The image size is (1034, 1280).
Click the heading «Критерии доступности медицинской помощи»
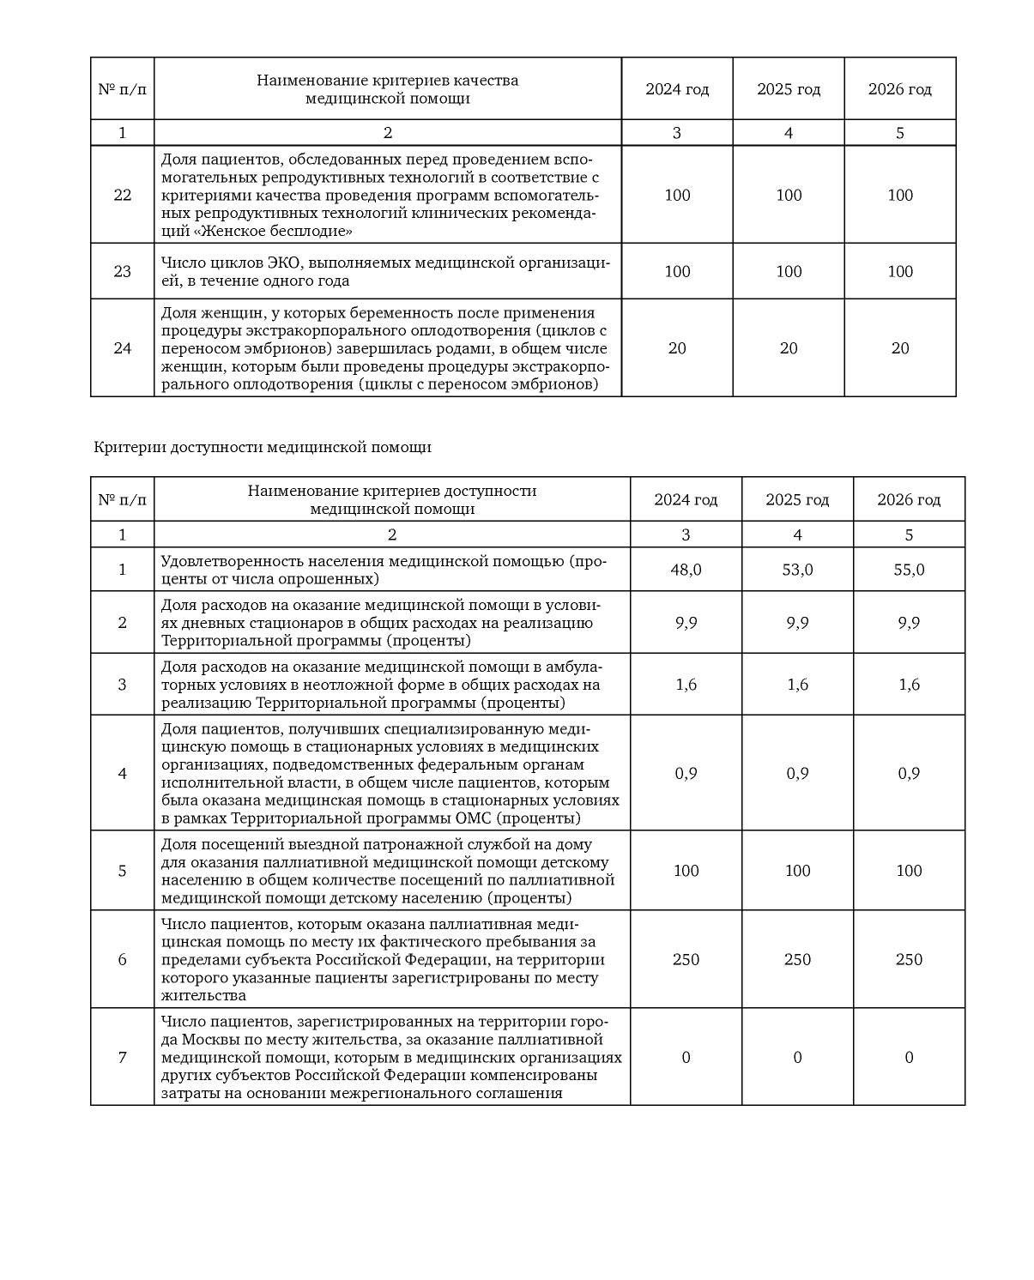click(263, 447)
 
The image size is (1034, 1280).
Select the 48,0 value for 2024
click(686, 570)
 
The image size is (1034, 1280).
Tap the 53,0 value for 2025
click(797, 570)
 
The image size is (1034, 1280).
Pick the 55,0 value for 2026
click(909, 570)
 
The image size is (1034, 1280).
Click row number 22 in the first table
click(123, 195)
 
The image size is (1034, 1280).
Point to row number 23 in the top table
click(123, 271)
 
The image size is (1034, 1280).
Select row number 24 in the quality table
click(123, 347)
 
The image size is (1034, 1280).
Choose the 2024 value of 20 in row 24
click(677, 347)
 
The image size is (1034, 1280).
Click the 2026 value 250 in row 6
click(909, 959)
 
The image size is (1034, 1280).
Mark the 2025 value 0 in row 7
click(797, 1057)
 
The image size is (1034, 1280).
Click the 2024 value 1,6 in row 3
click(686, 685)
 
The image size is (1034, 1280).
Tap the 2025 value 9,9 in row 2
click(797, 623)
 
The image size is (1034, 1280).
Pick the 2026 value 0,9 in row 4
click(909, 773)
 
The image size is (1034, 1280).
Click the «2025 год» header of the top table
click(789, 89)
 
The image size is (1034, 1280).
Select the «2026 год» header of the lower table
click(909, 499)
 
